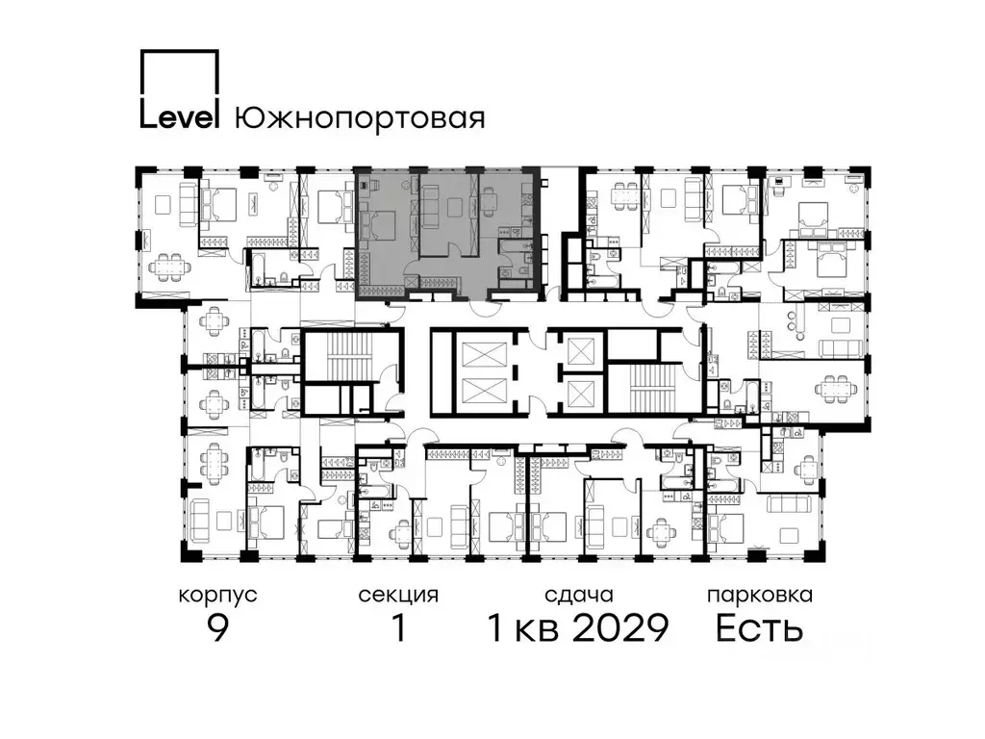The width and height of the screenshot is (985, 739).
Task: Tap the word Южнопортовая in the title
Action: pos(359,118)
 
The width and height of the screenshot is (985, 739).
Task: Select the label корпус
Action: pos(218,595)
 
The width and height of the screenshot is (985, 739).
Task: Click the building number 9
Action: pos(218,628)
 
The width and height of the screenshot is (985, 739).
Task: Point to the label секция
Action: pos(398,595)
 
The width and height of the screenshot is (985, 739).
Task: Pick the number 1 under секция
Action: pos(398,628)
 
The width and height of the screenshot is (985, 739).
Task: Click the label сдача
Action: pos(577,595)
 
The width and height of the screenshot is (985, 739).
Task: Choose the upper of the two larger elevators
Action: pos(477,355)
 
